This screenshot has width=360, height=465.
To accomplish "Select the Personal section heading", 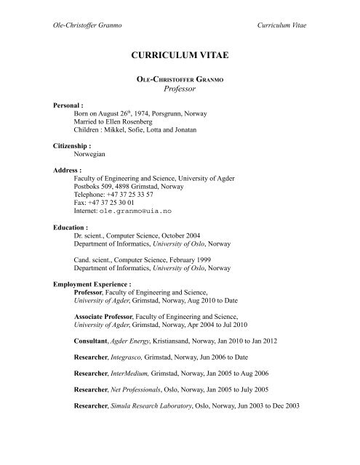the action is tap(73, 105).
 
